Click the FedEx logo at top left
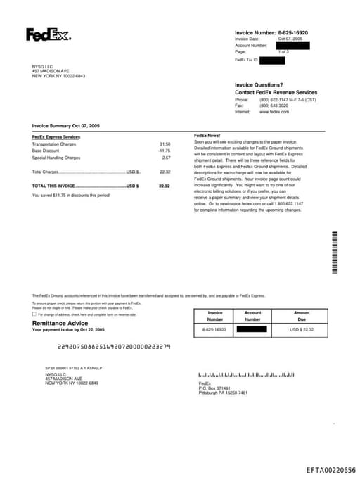click(49, 34)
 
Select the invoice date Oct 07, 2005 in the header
click(289, 39)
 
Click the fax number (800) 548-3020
click(274, 106)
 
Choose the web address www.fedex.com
click(274, 112)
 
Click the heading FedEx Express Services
click(56, 136)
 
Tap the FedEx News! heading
click(207, 135)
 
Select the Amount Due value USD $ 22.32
click(302, 329)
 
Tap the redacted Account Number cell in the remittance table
click(252, 329)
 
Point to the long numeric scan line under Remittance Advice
click(113, 346)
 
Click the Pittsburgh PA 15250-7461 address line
click(223, 393)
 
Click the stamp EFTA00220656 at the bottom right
click(331, 469)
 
